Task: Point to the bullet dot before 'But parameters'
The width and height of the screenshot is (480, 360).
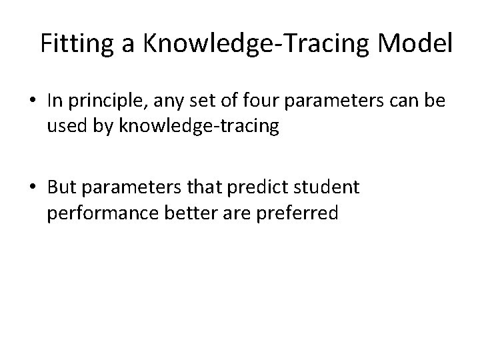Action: click(33, 189)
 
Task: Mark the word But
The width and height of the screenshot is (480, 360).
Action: click(61, 188)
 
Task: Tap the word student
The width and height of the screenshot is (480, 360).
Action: click(327, 188)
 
